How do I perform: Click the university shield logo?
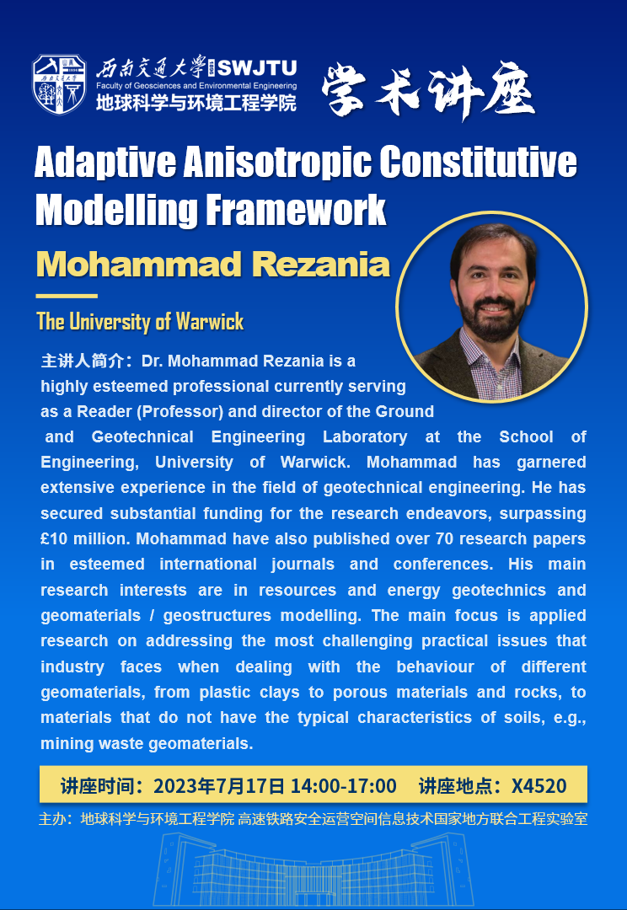click(59, 83)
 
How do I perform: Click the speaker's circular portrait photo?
click(491, 306)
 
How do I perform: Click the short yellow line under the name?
click(67, 296)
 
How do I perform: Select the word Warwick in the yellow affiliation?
click(210, 322)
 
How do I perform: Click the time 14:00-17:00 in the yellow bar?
click(343, 786)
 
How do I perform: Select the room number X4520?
click(539, 786)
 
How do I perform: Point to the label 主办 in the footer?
click(51, 818)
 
